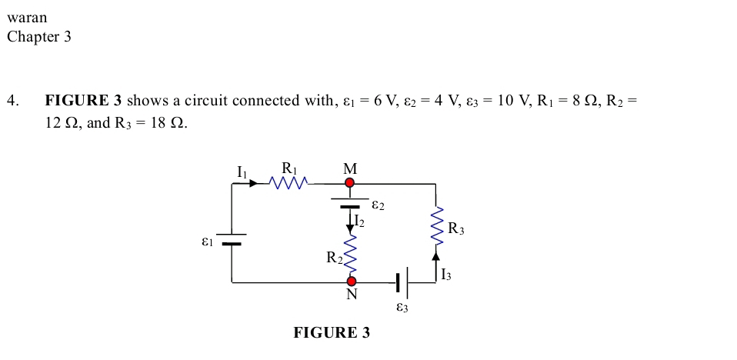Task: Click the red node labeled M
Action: point(349,183)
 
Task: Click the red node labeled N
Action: point(351,282)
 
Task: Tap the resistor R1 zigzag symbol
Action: point(289,183)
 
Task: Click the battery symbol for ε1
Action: point(232,239)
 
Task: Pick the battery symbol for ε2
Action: point(350,202)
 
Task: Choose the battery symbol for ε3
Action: point(402,282)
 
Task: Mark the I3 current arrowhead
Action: point(436,256)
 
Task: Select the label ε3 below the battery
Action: point(402,308)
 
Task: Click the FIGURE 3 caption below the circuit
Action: point(331,333)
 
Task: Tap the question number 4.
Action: point(12,101)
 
